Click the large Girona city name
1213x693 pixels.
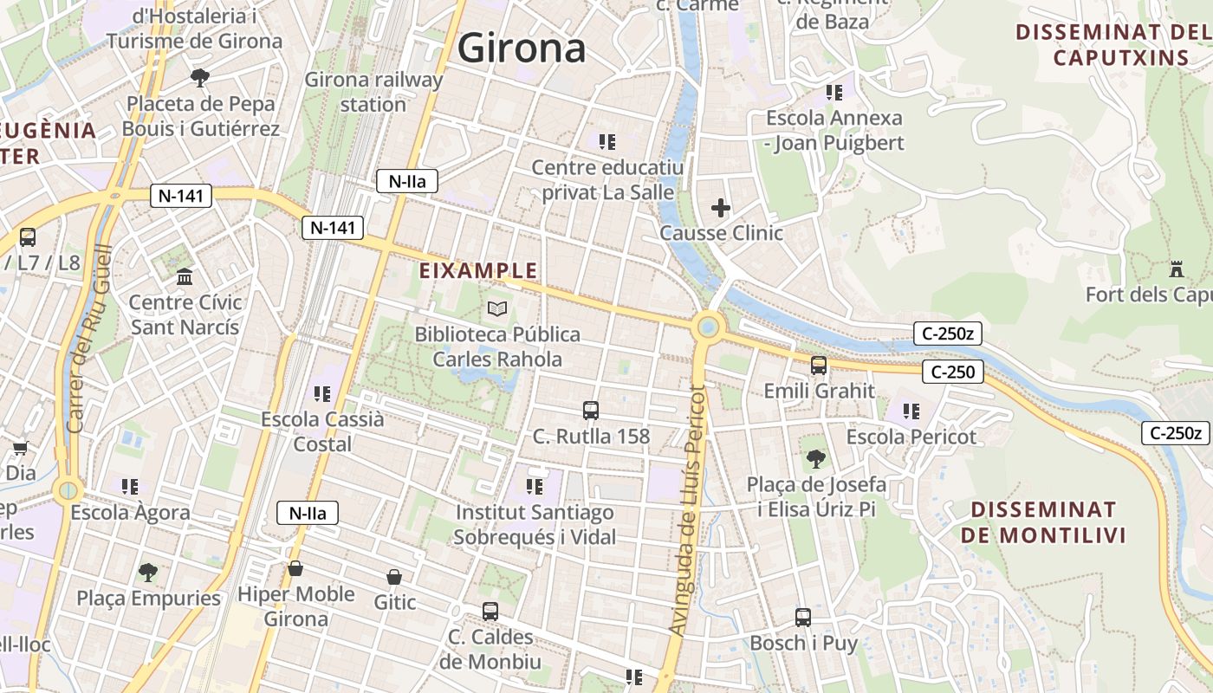(x=522, y=48)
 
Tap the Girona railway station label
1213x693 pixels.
(x=373, y=92)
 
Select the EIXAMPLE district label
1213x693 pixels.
(x=478, y=271)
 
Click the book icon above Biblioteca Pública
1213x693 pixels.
(x=497, y=308)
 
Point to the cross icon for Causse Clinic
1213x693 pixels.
(x=721, y=208)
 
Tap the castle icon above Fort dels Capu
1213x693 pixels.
(x=1176, y=269)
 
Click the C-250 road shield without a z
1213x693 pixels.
(x=953, y=372)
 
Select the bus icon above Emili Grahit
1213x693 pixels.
(x=819, y=366)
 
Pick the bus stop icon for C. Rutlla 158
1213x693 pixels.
(x=591, y=411)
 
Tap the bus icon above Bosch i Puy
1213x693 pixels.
(x=803, y=618)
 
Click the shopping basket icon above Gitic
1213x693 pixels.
(x=394, y=577)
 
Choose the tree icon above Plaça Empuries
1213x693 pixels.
(x=148, y=573)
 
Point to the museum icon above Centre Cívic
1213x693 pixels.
(x=185, y=278)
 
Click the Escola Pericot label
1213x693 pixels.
(x=911, y=437)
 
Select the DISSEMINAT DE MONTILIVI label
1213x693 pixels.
(x=1043, y=521)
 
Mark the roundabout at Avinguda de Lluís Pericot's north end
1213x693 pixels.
(x=709, y=327)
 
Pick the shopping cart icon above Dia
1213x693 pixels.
(x=20, y=449)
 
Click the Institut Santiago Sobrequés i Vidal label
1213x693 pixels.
(x=535, y=525)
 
